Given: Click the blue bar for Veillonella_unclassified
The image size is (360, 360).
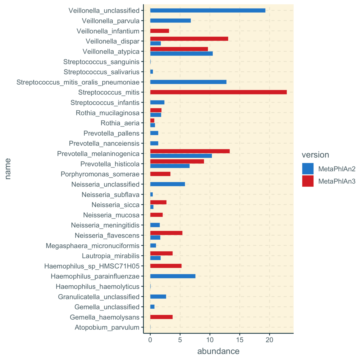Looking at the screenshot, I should click(x=208, y=10).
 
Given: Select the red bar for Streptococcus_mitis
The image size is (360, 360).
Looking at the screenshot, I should click(x=218, y=92).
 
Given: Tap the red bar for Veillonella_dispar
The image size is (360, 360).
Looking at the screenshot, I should click(x=189, y=39).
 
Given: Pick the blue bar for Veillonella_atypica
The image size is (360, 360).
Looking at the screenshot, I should click(x=181, y=54).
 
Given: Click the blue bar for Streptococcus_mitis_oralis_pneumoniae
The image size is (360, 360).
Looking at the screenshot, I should click(x=188, y=82).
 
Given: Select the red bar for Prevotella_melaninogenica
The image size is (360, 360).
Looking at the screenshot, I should click(x=190, y=151).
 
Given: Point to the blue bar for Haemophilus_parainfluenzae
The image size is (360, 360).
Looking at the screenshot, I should click(x=172, y=276).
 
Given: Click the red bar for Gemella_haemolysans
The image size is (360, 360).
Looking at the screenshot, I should click(x=161, y=317).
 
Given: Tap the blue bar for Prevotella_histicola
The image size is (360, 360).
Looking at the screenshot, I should click(x=170, y=166).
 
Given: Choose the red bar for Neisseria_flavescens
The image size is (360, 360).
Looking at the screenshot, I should click(x=166, y=233).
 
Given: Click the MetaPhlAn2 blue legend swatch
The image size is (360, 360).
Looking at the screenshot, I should click(x=308, y=169).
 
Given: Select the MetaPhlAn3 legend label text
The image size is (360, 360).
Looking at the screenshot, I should click(x=337, y=181).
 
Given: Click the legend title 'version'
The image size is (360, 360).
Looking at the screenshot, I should click(x=315, y=155).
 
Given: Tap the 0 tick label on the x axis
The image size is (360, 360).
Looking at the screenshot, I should click(x=150, y=340).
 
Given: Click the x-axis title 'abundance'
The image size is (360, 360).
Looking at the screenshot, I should click(x=218, y=351).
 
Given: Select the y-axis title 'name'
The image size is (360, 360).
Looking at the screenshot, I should click(x=8, y=169).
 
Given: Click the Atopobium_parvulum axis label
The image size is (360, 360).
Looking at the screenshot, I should click(x=107, y=327).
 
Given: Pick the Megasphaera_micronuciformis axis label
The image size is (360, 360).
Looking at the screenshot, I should click(x=92, y=246).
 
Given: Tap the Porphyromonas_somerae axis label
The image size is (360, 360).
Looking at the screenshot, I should click(x=100, y=174).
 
